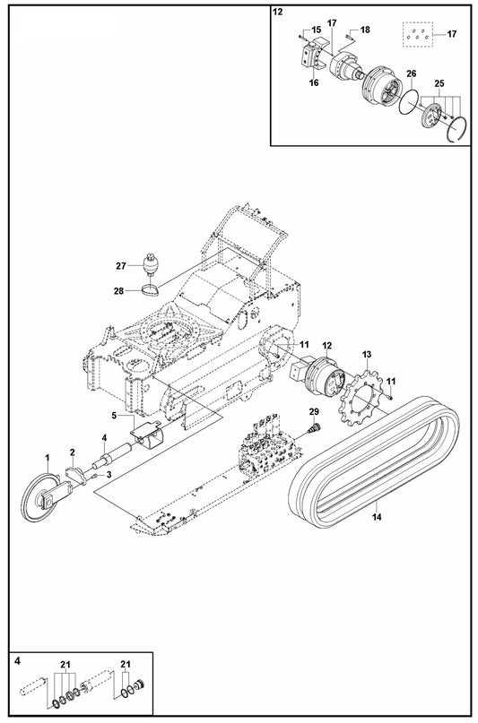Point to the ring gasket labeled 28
(x=151, y=288)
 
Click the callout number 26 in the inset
(x=411, y=73)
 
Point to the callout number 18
(x=365, y=30)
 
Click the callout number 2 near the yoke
(x=74, y=453)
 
